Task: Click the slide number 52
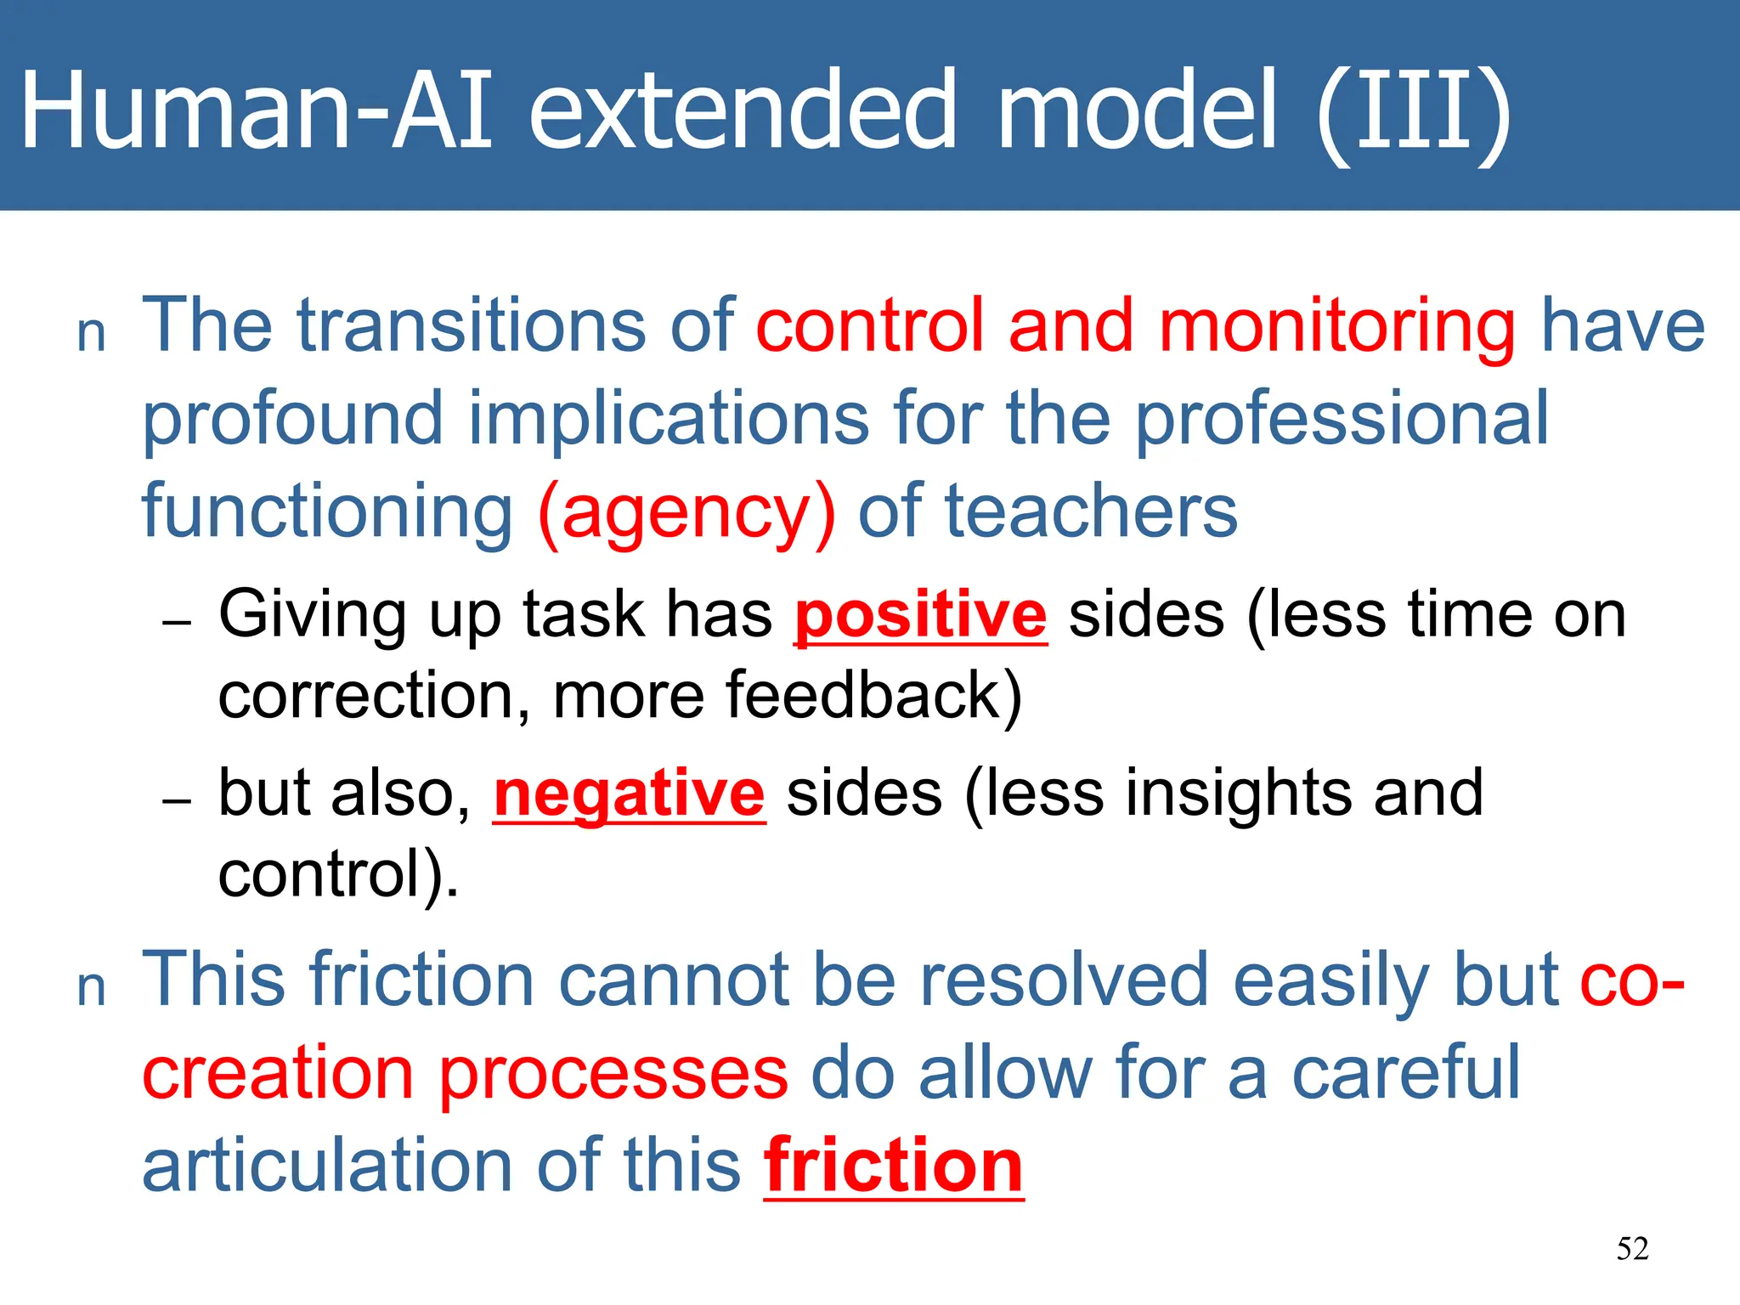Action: pos(1632,1249)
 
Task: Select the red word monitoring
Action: pos(1336,327)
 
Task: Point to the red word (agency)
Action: pos(686,514)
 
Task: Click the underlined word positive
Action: pos(920,615)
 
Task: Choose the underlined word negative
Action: pos(629,794)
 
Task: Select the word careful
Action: pos(1405,1073)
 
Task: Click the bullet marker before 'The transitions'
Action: pos(91,335)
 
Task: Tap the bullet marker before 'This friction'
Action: pos(91,990)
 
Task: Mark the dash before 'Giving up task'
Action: pos(177,623)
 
